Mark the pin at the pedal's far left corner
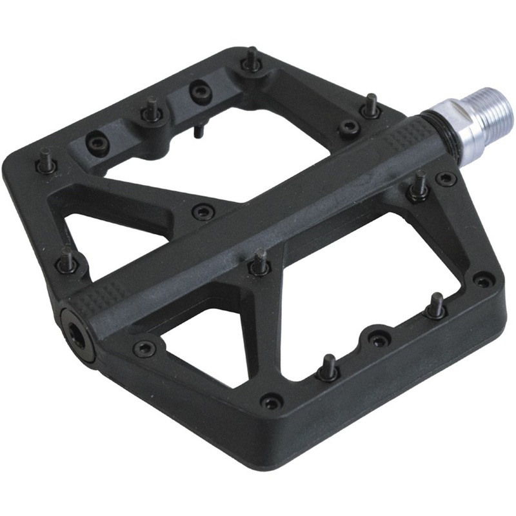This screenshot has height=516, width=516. [46, 159]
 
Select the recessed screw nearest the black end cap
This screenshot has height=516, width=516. [144, 348]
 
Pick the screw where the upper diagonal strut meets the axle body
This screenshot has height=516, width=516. [204, 211]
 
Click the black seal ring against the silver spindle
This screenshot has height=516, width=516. [429, 126]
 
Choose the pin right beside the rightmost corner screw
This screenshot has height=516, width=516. [437, 304]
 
